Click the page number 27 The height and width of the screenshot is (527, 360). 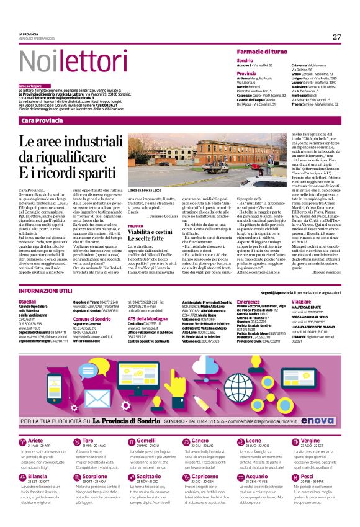[x=336, y=37]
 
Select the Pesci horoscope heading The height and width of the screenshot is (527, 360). [x=305, y=477]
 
